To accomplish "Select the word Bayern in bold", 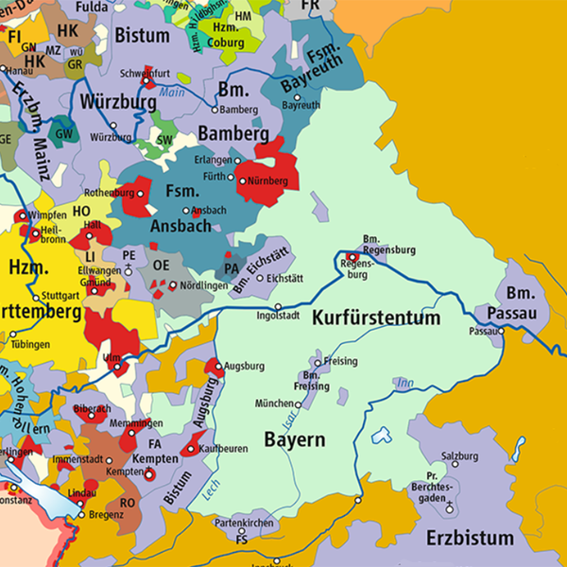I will (x=294, y=440).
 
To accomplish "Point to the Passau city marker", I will (x=503, y=332).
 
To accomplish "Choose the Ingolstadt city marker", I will (x=278, y=308).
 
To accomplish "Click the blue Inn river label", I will (x=407, y=382).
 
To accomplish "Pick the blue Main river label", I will (x=171, y=92).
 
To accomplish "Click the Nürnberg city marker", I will (x=242, y=180).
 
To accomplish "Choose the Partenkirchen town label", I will (x=244, y=522).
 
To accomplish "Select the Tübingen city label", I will (x=30, y=345).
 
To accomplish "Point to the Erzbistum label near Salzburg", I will (x=470, y=539).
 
